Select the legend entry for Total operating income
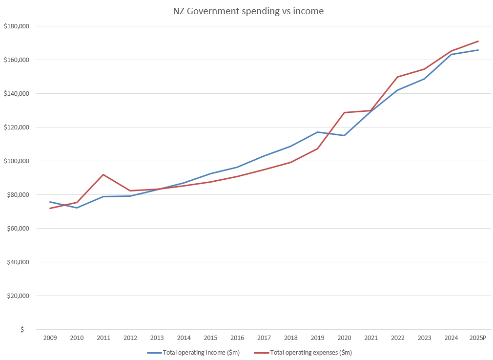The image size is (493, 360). tap(193, 352)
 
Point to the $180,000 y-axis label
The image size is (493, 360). tap(17, 26)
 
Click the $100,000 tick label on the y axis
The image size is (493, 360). tap(17, 161)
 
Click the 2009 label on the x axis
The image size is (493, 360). tap(50, 338)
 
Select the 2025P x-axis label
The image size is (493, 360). tap(478, 338)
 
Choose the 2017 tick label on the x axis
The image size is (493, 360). tap(264, 338)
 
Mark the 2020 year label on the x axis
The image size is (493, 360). tap(344, 338)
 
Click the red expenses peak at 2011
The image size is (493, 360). tap(103, 174)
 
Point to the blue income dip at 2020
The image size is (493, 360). tap(344, 135)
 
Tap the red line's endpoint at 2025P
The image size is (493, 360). tap(478, 41)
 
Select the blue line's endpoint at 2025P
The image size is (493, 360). tap(478, 50)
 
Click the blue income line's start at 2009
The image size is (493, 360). tap(50, 202)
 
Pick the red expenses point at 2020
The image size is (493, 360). tap(344, 112)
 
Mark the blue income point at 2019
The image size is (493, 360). tap(317, 132)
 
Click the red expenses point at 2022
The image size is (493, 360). tap(398, 77)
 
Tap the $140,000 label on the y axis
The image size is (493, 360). tap(17, 94)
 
